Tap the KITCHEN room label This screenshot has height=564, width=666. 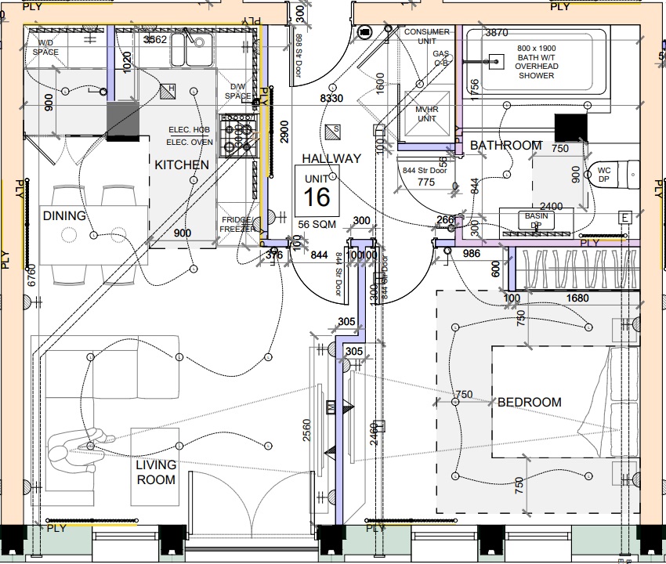181,165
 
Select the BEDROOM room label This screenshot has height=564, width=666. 530,402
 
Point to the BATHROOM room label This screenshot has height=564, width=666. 506,146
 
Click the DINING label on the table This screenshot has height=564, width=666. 64,216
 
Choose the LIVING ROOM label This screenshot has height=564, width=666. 156,472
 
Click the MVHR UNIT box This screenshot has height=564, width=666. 426,114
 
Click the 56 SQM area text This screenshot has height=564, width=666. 317,224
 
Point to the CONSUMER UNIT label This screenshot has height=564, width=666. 427,36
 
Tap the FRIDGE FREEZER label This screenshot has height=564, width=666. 237,226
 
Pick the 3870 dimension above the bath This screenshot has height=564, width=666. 497,33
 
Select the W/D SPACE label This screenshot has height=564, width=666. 45,47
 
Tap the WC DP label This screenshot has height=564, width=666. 603,174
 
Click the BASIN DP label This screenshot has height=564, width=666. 536,220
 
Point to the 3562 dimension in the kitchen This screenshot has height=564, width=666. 154,39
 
